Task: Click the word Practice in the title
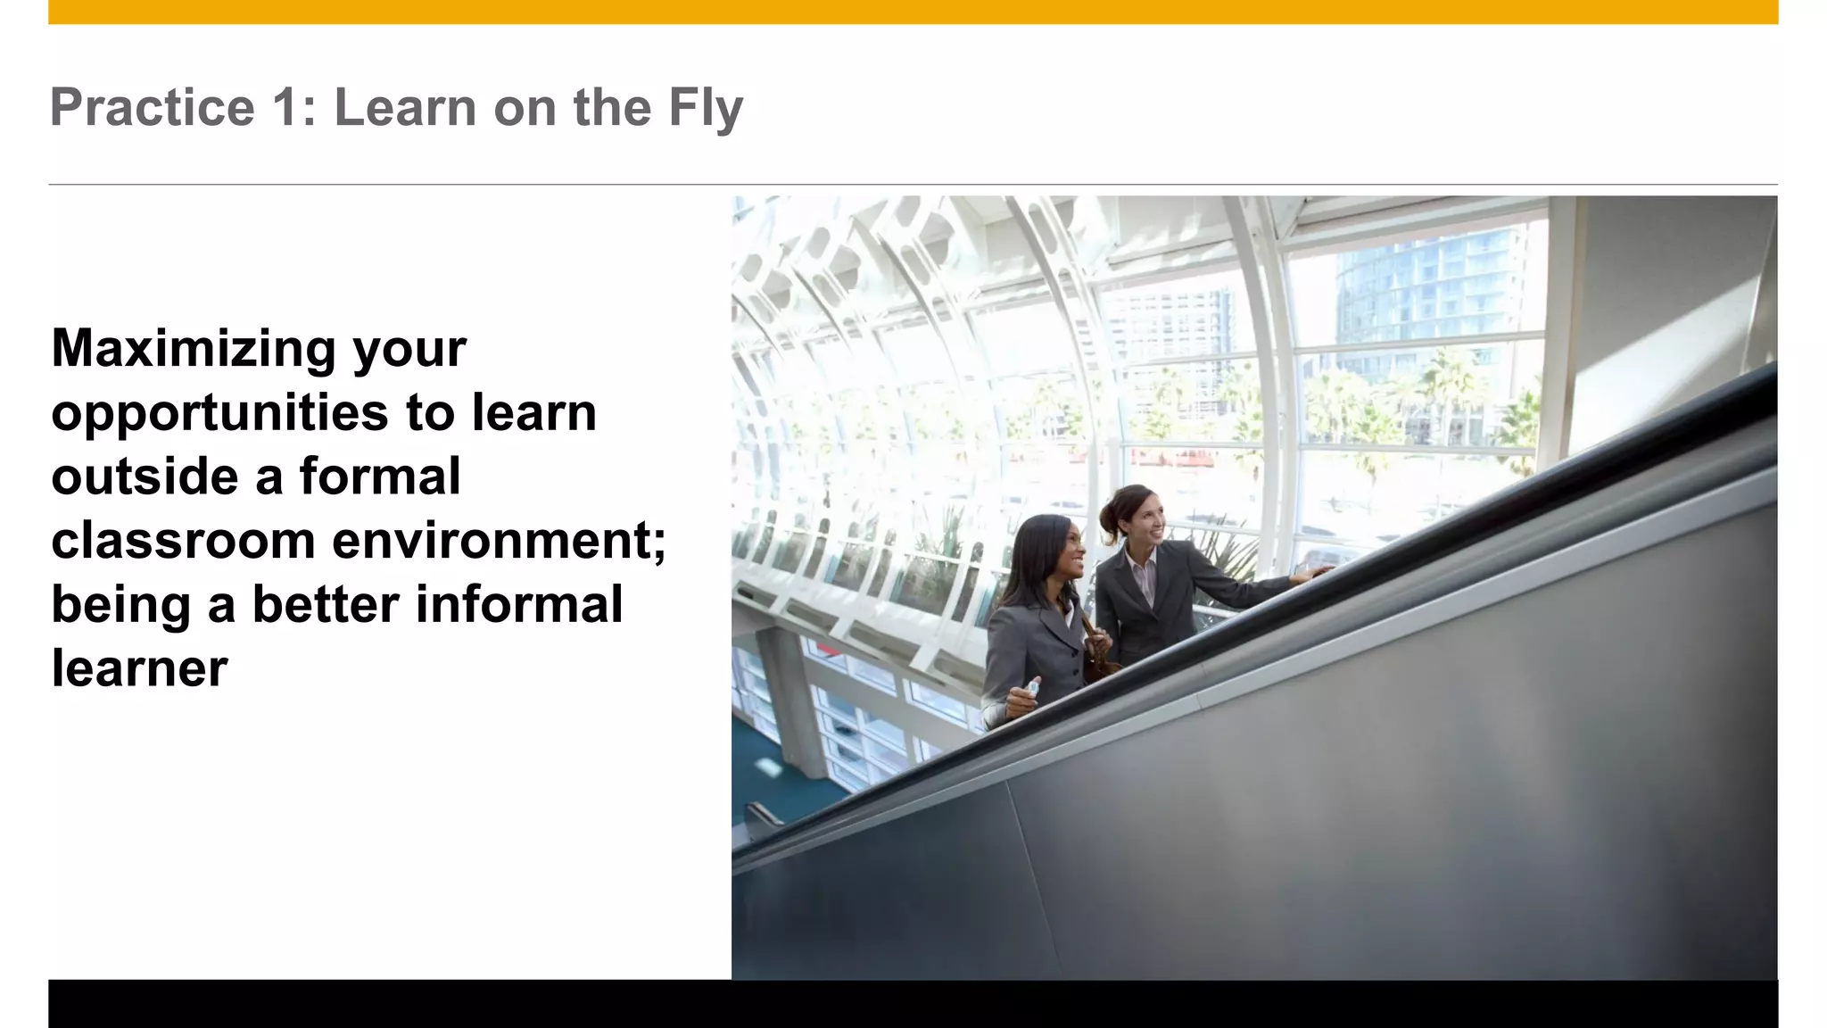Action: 153,108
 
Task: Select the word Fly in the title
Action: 705,108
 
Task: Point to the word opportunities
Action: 219,413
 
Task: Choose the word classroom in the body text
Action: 183,541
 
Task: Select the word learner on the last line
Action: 139,668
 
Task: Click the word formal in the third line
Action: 380,477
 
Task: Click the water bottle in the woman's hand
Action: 1031,687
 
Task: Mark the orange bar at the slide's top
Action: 913,12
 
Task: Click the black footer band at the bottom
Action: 913,1004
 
